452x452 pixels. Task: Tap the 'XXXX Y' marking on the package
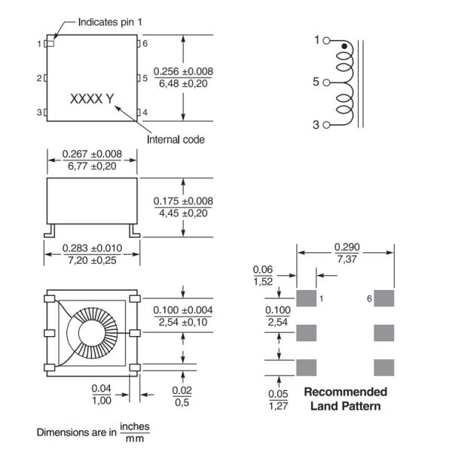(91, 99)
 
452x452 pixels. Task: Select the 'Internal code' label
(175, 139)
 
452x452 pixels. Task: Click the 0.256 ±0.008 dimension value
(183, 72)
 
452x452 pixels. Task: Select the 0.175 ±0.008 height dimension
(183, 201)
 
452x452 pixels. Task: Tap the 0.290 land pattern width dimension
(346, 246)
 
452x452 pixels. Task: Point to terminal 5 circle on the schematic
(326, 83)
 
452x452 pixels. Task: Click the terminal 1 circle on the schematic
(326, 41)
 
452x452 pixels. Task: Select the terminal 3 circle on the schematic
(326, 125)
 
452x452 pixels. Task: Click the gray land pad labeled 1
(306, 298)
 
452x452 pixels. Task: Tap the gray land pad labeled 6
(384, 298)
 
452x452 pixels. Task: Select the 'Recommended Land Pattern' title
(345, 399)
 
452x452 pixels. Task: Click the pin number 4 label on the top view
(145, 113)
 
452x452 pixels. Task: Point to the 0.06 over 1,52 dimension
(263, 274)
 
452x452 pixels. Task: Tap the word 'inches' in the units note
(135, 426)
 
